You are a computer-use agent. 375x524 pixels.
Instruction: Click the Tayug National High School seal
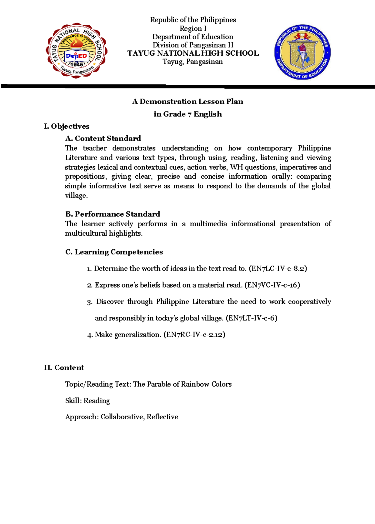(x=77, y=51)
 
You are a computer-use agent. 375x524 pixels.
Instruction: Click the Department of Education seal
(x=302, y=52)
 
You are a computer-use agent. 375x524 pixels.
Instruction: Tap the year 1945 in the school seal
(x=77, y=64)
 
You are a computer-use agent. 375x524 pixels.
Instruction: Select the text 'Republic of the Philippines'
(x=193, y=20)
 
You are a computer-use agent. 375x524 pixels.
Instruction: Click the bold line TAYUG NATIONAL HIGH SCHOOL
(x=193, y=53)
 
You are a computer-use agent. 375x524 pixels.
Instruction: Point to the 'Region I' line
(x=193, y=28)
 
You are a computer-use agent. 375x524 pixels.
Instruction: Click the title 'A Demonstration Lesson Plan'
(x=187, y=102)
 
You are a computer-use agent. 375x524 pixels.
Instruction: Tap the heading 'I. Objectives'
(x=67, y=126)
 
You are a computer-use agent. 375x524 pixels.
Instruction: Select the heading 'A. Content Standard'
(x=103, y=138)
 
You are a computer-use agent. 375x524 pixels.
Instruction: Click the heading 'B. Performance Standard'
(x=112, y=214)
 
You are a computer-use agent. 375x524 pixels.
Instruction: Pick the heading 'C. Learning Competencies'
(x=114, y=252)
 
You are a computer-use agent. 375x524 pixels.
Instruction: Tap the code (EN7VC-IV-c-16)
(x=272, y=285)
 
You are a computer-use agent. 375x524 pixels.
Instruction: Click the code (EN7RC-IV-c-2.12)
(x=194, y=335)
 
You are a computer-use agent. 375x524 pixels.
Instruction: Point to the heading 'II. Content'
(x=64, y=367)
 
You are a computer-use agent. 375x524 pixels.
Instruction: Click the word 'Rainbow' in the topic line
(x=195, y=384)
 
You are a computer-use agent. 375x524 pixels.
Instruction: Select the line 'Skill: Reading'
(x=87, y=401)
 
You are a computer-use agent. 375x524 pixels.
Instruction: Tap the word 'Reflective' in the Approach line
(x=162, y=417)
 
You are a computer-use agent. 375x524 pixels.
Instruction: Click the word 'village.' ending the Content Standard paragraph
(x=76, y=196)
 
